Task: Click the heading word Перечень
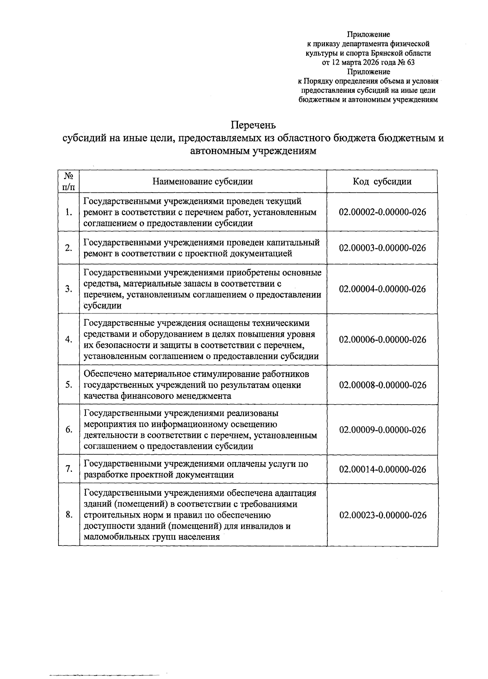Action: [x=253, y=125]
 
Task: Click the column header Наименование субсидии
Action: [x=203, y=182]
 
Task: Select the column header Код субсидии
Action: [x=382, y=182]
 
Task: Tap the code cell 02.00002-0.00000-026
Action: [x=382, y=212]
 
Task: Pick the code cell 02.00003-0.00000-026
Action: [x=382, y=248]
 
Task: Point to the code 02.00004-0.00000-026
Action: [x=382, y=289]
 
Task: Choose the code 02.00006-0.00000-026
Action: [x=382, y=339]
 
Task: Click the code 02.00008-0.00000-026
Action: [x=382, y=385]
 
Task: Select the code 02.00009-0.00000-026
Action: [x=382, y=430]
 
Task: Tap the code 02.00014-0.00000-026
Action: [x=382, y=469]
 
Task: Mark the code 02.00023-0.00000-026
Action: [x=382, y=515]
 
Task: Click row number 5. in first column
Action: [x=69, y=385]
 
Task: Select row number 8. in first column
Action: [x=69, y=515]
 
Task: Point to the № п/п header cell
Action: [x=69, y=182]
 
